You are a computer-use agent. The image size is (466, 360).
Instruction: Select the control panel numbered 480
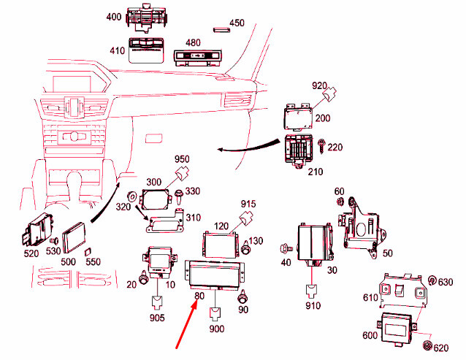(x=196, y=56)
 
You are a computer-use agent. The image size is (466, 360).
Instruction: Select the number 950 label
(x=180, y=158)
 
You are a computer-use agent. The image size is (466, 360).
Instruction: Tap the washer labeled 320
(x=131, y=196)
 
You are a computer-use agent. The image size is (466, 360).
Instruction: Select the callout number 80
(x=199, y=296)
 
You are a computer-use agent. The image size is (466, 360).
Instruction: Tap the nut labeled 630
(x=432, y=281)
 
